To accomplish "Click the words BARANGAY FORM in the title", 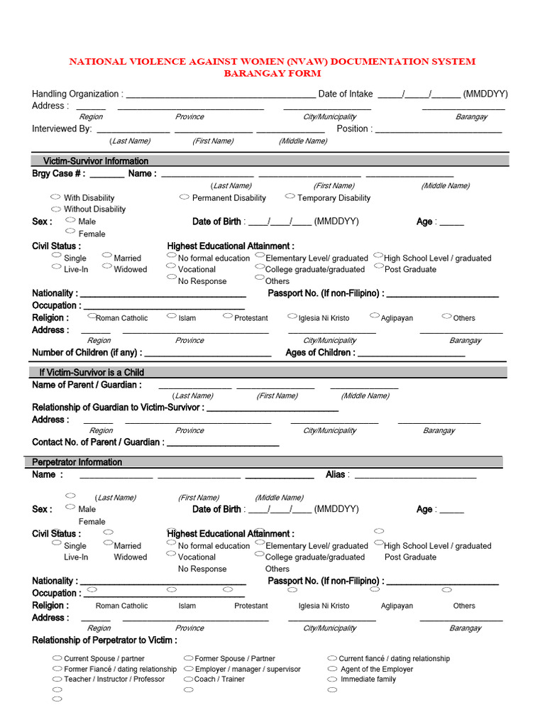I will pyautogui.click(x=272, y=73).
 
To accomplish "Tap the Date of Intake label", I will pyautogui.click(x=346, y=94).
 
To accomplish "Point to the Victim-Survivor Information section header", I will pyautogui.click(x=96, y=161).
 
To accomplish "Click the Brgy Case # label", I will pyautogui.click(x=59, y=173).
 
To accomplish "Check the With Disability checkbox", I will pyautogui.click(x=55, y=197).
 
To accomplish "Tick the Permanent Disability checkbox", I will pyautogui.click(x=184, y=197).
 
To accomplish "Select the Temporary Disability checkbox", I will pyautogui.click(x=290, y=196).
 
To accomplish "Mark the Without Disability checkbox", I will pyautogui.click(x=55, y=209).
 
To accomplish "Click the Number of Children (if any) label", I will pyautogui.click(x=87, y=352).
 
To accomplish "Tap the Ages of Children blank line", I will pyautogui.click(x=412, y=354).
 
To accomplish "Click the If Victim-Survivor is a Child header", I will pyautogui.click(x=92, y=372).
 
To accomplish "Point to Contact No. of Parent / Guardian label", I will pyautogui.click(x=97, y=442).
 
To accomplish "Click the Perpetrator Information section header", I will pyautogui.click(x=77, y=462).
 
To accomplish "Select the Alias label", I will pyautogui.click(x=336, y=474).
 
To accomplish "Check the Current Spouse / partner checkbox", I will pyautogui.click(x=57, y=658).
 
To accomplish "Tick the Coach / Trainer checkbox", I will pyautogui.click(x=188, y=679).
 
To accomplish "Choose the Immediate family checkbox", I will pyautogui.click(x=333, y=679).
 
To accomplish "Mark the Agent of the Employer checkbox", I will pyautogui.click(x=333, y=669).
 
